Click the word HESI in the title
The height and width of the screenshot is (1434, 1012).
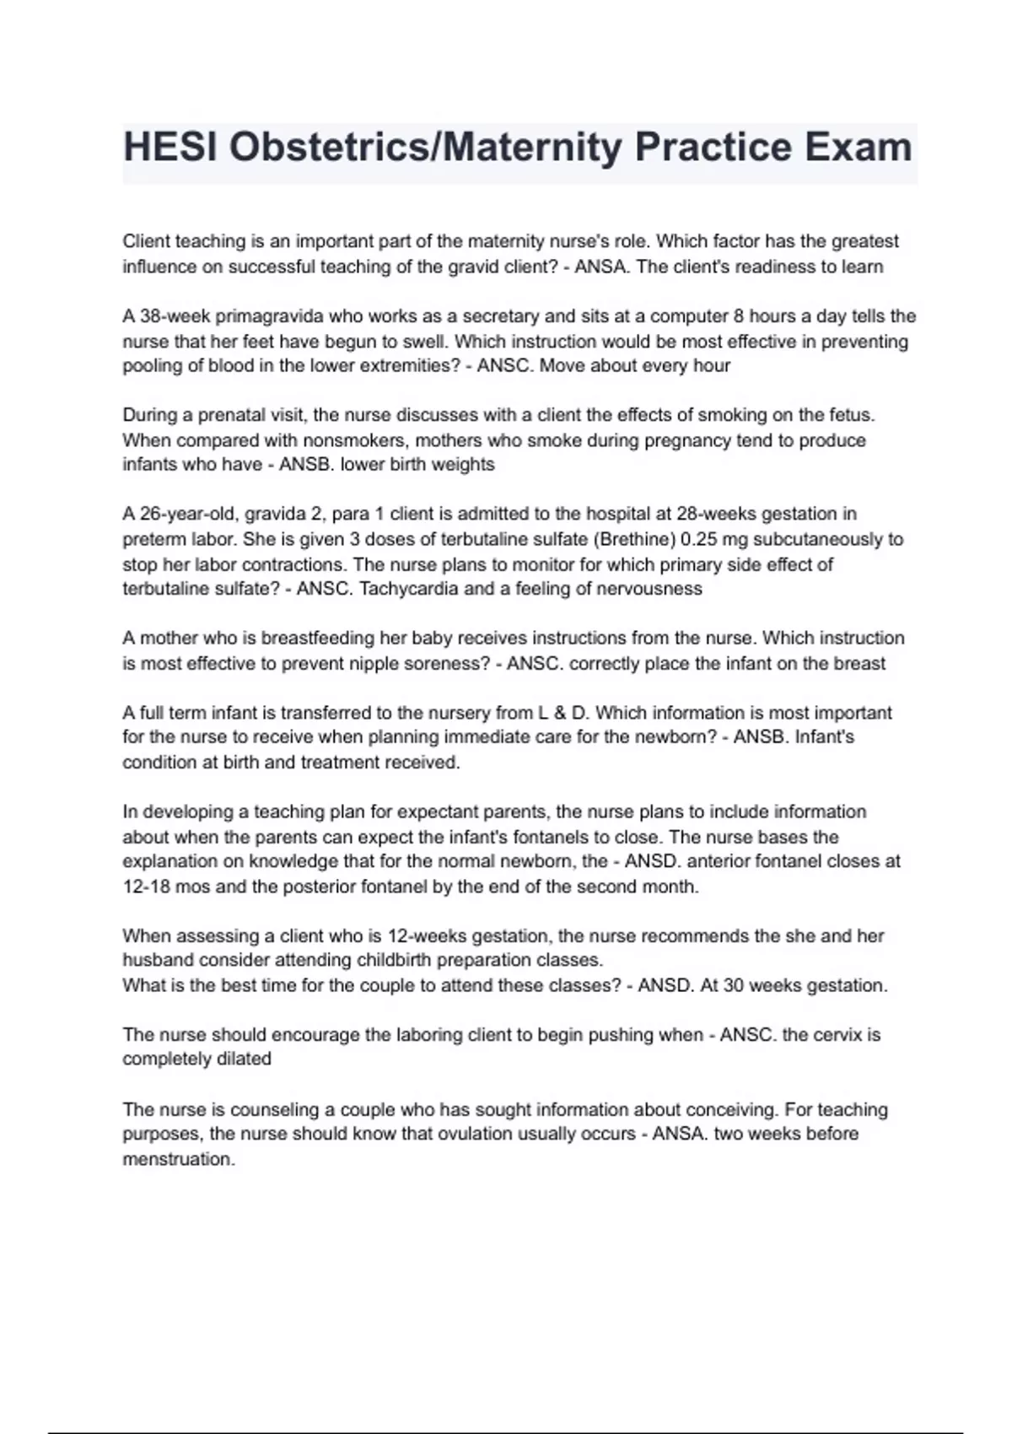tap(169, 148)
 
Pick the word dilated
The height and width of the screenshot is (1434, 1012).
tap(244, 1059)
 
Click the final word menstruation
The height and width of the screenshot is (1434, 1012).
tap(178, 1159)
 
